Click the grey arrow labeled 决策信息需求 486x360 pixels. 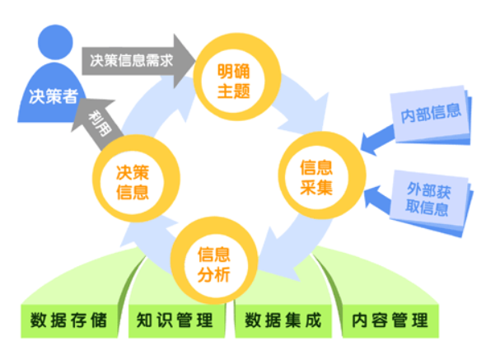point(138,61)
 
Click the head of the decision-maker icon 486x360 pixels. point(55,42)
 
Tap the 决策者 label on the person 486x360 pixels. point(54,96)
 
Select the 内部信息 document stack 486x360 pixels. point(431,115)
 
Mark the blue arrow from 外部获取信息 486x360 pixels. point(377,199)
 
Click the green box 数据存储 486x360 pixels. point(69,321)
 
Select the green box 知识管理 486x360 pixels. point(176,321)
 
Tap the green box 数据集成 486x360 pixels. point(283,321)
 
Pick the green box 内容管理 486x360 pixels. point(390,321)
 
